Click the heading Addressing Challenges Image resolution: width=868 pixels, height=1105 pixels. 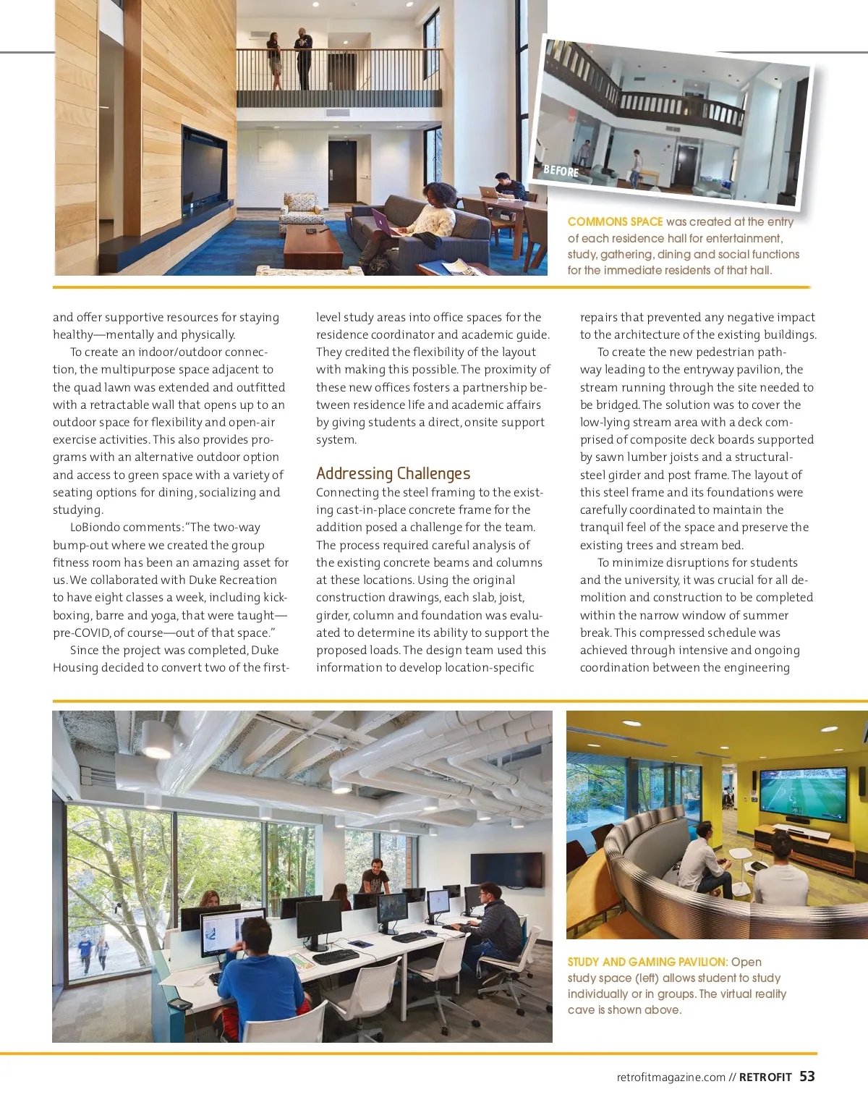click(x=393, y=473)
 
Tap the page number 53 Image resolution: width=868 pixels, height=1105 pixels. click(x=807, y=1076)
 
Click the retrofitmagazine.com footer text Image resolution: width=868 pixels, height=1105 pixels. click(x=671, y=1077)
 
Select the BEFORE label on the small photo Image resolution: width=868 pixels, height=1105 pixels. click(x=561, y=171)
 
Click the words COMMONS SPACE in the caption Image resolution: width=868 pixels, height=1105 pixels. click(x=615, y=221)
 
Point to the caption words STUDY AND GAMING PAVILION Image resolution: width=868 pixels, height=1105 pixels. click(x=647, y=962)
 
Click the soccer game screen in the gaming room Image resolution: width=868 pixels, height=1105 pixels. click(x=802, y=794)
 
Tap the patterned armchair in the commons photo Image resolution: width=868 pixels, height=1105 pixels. click(x=301, y=211)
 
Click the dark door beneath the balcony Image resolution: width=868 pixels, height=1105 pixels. click(x=342, y=172)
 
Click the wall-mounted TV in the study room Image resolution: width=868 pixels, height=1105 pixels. click(x=506, y=869)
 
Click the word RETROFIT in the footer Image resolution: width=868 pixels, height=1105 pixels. click(x=765, y=1077)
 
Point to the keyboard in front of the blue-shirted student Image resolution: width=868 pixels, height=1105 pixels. click(x=336, y=957)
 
